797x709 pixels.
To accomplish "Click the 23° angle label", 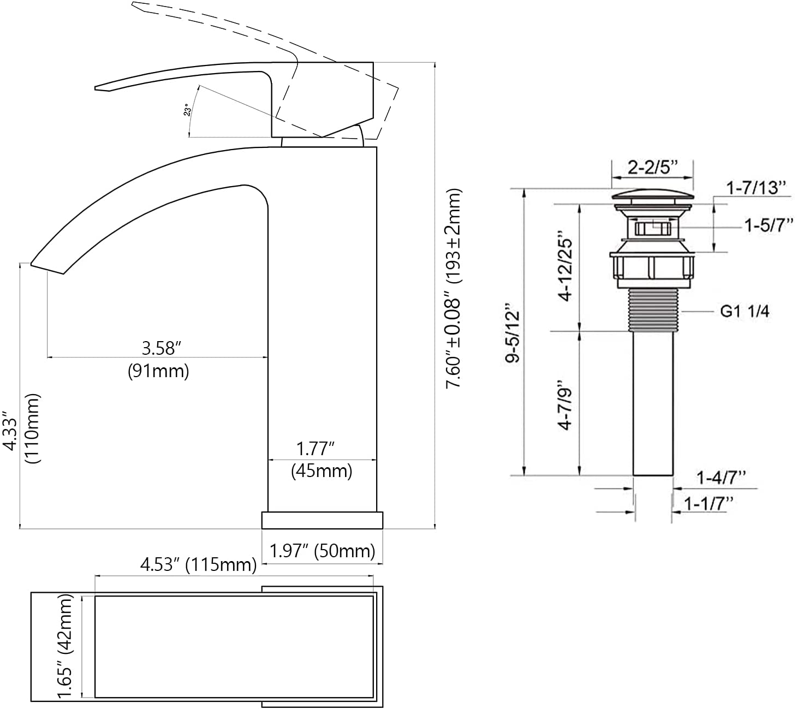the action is point(188,110).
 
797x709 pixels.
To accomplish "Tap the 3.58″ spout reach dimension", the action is point(161,348).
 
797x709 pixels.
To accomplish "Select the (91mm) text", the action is point(158,371).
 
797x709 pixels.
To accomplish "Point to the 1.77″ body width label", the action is point(315,449).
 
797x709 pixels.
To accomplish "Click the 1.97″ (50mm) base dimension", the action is point(322,551).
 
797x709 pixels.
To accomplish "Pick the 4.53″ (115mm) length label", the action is point(198,565).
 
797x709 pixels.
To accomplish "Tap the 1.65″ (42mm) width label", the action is point(65,652).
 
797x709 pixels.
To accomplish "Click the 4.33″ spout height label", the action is point(10,431).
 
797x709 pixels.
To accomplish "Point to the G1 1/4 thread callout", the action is point(745,311).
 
